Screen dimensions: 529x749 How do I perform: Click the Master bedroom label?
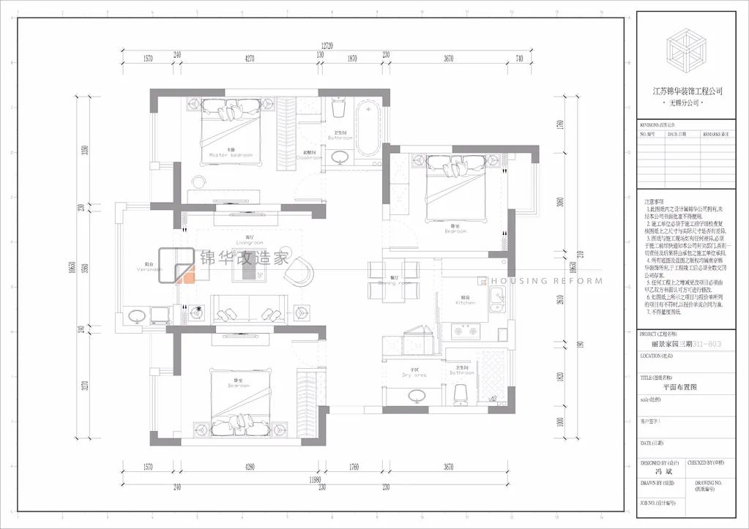(x=230, y=155)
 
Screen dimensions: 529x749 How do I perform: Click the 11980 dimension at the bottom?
(x=316, y=479)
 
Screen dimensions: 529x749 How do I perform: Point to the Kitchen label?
(x=466, y=301)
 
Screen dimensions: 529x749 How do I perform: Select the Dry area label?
(x=414, y=375)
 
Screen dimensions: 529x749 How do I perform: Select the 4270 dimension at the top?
(x=250, y=58)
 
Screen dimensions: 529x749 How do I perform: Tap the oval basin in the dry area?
(x=417, y=396)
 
